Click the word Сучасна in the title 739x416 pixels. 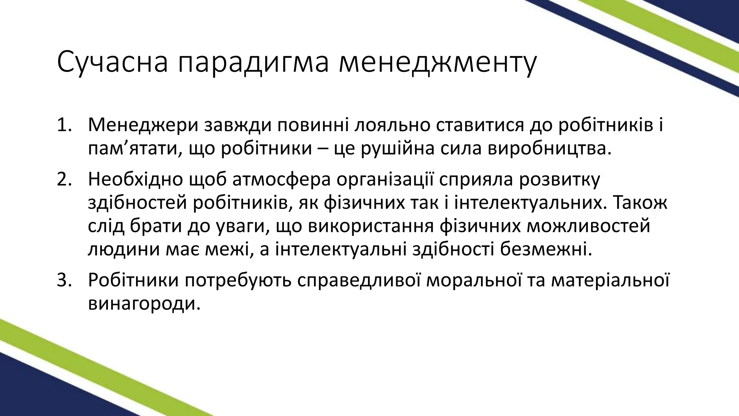(x=112, y=62)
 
